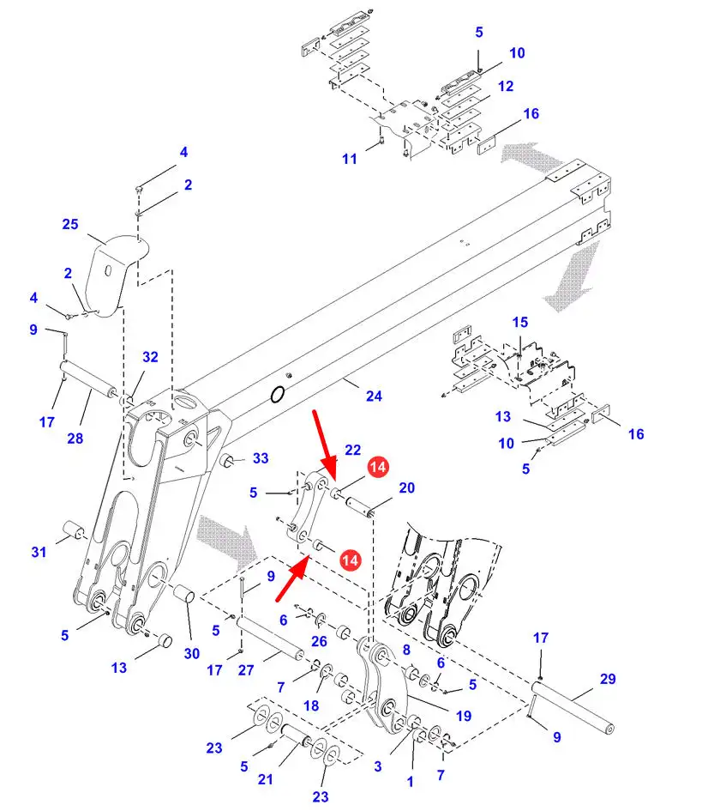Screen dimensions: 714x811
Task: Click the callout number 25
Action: point(70,225)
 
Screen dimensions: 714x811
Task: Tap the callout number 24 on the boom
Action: point(374,396)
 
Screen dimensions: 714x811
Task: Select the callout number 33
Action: point(261,458)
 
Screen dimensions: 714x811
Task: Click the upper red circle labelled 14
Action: point(378,467)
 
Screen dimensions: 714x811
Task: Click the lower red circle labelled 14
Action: point(350,560)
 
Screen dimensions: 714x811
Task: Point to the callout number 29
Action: point(608,679)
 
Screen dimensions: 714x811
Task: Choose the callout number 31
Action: point(39,552)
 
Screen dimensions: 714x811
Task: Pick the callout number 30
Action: point(192,654)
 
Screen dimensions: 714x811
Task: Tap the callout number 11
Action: point(350,159)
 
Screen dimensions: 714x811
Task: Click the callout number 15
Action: point(520,322)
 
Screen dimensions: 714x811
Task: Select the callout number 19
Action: point(464,716)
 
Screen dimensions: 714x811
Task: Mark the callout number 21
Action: point(265,779)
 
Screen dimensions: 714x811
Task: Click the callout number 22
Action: point(353,450)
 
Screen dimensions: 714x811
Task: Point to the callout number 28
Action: point(75,439)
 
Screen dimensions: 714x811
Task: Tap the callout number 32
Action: point(150,357)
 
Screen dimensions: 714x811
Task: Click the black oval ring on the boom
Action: point(278,395)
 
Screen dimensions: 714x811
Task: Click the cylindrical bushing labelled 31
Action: point(73,530)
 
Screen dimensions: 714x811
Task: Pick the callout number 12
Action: point(506,87)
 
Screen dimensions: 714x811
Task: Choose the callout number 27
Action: point(246,670)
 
